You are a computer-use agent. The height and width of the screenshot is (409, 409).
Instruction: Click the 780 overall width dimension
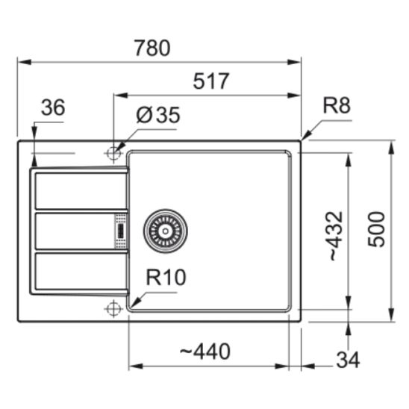point(152,48)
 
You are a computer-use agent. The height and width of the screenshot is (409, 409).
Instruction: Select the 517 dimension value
point(211,81)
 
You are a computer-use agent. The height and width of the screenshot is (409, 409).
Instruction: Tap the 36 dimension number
point(53,107)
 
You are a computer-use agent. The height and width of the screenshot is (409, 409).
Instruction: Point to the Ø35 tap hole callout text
point(158,115)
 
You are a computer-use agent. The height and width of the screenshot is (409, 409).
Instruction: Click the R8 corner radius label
point(337,105)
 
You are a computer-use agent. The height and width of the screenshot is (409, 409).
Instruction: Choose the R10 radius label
point(166,277)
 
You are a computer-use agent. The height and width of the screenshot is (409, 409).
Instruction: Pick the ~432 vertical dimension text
point(336,237)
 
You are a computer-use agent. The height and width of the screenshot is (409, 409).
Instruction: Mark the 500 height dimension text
point(376,229)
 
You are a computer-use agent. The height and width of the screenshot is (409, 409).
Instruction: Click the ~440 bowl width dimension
point(205,351)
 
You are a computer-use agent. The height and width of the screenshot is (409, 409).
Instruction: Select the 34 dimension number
point(348,360)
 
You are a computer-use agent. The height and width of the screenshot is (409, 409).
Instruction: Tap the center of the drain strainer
point(165,231)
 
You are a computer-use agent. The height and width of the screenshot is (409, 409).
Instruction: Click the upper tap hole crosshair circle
point(113,153)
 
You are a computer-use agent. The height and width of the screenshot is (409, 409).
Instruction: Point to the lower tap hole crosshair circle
point(113,308)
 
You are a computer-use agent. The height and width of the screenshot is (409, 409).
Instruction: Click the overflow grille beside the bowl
point(121,231)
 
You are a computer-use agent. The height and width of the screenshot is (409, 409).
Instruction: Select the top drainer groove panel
point(81,190)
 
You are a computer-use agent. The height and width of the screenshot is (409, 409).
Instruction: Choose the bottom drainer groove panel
point(81,271)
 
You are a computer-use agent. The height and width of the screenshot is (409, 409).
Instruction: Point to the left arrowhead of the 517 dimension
point(120,96)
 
